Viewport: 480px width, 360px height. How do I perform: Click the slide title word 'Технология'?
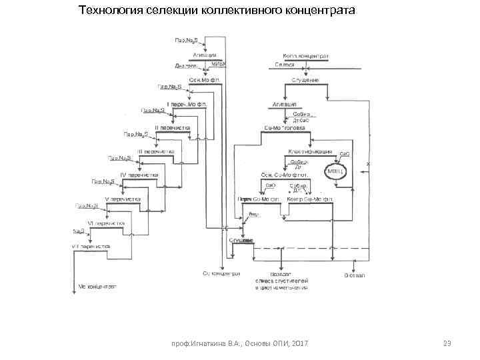point(109,11)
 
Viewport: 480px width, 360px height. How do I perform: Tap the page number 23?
point(447,343)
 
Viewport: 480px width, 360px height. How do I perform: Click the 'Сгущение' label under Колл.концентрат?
point(305,80)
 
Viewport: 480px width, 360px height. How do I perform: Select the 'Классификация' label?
point(310,151)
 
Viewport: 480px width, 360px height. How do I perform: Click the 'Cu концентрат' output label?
point(221,273)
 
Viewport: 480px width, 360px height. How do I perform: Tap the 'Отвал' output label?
point(353,273)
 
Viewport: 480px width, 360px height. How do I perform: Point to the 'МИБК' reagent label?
point(219,64)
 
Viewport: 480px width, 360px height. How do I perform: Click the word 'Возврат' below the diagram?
point(281,273)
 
